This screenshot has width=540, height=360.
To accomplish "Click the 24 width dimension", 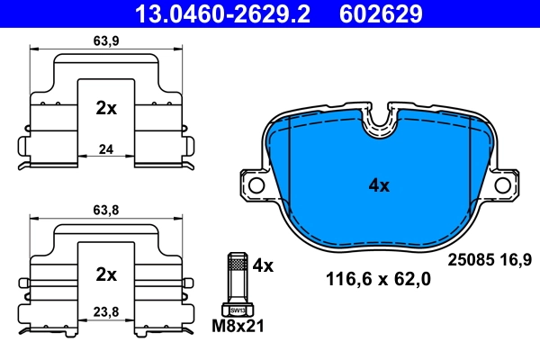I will click(x=107, y=149).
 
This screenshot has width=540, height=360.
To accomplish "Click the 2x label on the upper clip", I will click(x=106, y=108).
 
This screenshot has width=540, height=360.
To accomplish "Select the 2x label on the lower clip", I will click(x=106, y=273).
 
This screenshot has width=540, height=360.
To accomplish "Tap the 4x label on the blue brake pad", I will click(x=379, y=186).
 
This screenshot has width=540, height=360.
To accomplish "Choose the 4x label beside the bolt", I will click(x=263, y=265).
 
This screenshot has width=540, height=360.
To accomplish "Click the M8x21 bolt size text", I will click(x=238, y=326).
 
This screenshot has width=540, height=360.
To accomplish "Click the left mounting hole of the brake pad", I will click(x=256, y=186).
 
